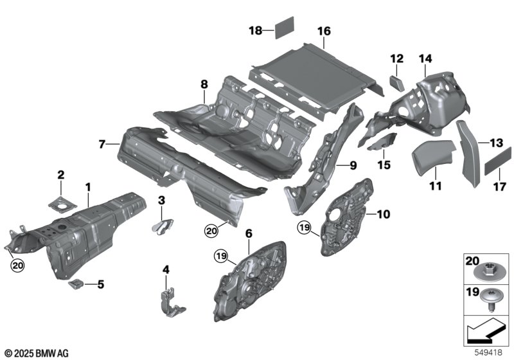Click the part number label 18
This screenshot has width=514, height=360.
tap(255, 30)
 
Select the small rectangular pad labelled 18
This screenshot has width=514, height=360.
tap(283, 28)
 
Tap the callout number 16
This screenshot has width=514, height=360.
tap(323, 31)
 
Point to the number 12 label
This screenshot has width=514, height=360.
tap(395, 59)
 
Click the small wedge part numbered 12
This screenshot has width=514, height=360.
tap(396, 82)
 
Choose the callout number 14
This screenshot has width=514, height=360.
tap(425, 59)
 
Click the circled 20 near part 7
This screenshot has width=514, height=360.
tap(212, 230)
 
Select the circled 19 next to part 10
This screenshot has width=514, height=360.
tap(304, 227)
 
